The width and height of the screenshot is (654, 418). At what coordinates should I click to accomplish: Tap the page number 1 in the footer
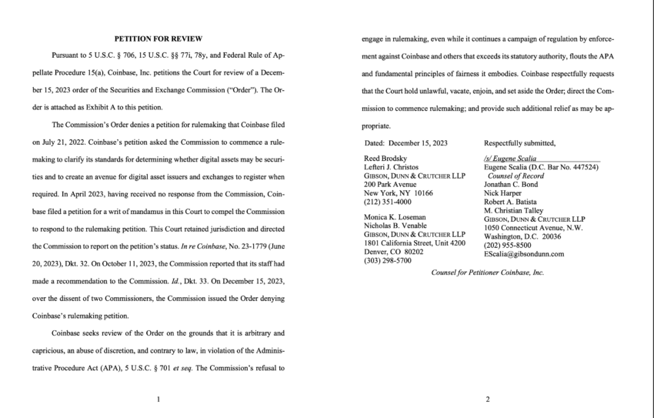157,400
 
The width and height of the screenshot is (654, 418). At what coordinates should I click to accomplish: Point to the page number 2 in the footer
487,400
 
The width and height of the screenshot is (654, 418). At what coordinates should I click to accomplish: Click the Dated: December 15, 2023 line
405,143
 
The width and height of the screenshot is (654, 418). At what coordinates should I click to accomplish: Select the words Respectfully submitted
520,143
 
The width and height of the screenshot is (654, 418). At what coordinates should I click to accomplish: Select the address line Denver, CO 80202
394,252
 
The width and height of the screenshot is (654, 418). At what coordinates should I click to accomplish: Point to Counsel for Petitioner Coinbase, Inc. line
487,273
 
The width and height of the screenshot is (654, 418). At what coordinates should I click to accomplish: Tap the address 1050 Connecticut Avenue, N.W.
532,229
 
